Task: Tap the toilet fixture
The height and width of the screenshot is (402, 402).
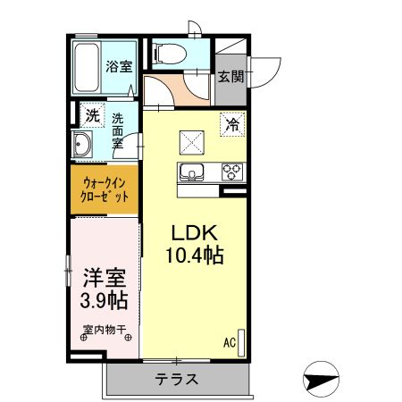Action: [x=167, y=53]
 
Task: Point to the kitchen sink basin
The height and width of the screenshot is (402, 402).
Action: [x=192, y=172]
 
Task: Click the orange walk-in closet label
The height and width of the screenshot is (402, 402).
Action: [x=105, y=189]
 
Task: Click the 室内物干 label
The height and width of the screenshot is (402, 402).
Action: [x=105, y=328]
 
